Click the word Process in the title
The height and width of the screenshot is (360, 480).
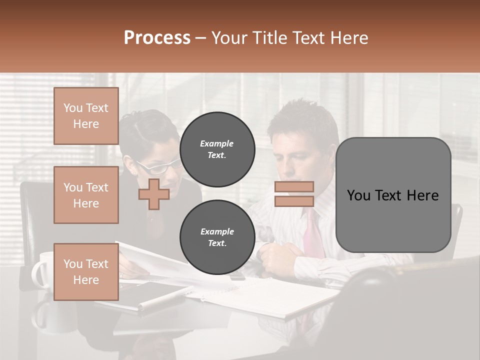tap(157, 38)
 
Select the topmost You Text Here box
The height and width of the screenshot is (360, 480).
tap(86, 116)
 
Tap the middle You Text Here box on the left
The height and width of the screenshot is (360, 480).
tap(86, 195)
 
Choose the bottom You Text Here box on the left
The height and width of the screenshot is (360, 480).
tap(86, 271)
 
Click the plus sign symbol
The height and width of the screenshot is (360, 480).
tap(153, 195)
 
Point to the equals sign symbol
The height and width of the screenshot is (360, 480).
tap(294, 194)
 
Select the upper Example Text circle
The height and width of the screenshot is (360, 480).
tap(217, 149)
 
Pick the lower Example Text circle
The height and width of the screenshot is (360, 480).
tap(217, 237)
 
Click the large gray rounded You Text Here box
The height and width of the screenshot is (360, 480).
tap(393, 195)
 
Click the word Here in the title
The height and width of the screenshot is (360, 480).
tap(348, 38)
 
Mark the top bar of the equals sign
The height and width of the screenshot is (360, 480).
tap(294, 187)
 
